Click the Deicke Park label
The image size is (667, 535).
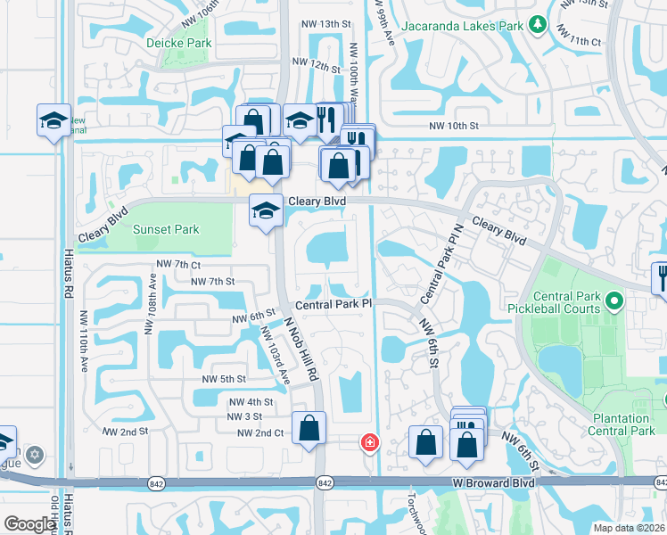pos(186,42)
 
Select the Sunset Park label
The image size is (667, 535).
pos(166,229)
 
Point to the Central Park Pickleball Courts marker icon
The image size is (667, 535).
pos(613,304)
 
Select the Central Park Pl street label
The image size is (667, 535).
pos(333,304)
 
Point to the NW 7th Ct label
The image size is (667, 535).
pos(177,265)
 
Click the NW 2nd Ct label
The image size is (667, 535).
pos(259,432)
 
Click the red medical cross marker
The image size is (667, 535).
pos(368,441)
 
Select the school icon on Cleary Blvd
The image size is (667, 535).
pos(266,211)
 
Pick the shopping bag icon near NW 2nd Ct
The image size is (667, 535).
pos(309,428)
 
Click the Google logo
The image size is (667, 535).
pos(29,524)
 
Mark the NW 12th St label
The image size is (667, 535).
pos(320,67)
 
